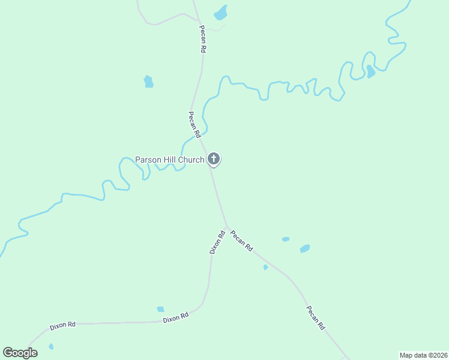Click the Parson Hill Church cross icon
(214, 159)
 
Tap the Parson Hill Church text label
(169, 160)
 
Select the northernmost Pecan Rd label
(203, 40)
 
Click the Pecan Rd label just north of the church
(193, 124)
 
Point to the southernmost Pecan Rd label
(315, 318)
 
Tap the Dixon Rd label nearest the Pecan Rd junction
(217, 242)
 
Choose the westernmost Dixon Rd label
(62, 325)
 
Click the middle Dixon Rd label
(176, 317)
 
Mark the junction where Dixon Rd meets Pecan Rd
(227, 227)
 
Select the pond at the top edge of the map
(221, 12)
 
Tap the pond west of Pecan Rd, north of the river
(148, 82)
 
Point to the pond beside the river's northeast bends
(370, 72)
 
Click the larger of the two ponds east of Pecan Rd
(305, 248)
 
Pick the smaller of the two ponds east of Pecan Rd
(286, 239)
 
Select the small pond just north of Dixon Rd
(160, 309)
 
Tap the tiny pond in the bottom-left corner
(51, 346)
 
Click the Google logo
(20, 353)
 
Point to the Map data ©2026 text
(423, 355)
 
